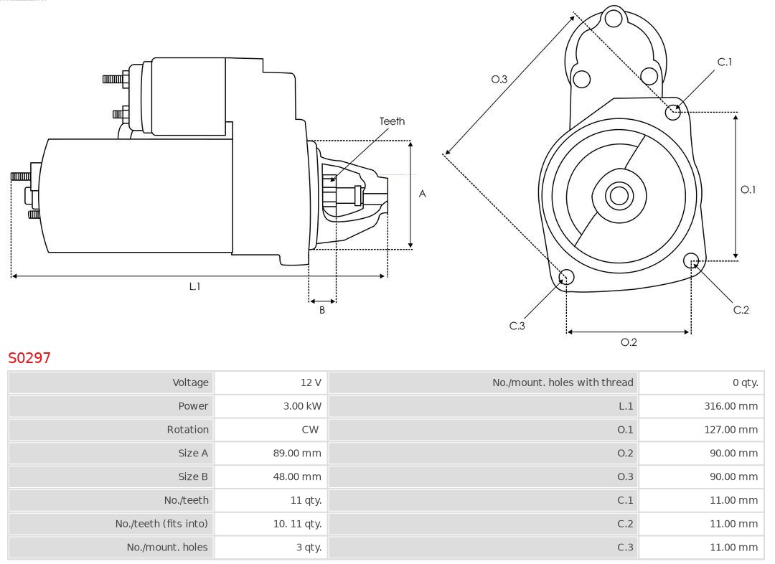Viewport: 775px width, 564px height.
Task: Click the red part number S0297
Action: coord(29,357)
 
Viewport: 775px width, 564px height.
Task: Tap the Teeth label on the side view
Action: coord(392,121)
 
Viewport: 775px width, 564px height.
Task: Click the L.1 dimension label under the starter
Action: coord(194,286)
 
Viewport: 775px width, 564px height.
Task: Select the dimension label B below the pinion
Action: coord(322,310)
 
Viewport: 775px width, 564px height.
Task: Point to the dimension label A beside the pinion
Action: coord(423,194)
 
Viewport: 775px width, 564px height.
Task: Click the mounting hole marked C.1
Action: coord(672,111)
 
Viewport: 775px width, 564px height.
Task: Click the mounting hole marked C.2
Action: coord(691,260)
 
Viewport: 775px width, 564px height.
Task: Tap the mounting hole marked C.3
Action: coord(566,278)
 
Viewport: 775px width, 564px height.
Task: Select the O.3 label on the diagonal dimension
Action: coord(499,79)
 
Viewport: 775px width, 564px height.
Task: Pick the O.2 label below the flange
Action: coord(629,342)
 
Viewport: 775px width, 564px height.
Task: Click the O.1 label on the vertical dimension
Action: coord(748,189)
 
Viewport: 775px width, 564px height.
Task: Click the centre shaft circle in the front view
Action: coord(618,195)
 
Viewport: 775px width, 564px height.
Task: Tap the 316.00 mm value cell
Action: coord(731,406)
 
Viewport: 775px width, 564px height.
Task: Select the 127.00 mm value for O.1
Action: coord(731,430)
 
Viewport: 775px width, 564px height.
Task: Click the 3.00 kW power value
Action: coord(302,406)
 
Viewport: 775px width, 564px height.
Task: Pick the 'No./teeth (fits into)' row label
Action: coord(161,524)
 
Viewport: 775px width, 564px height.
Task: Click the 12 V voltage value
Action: coord(311,382)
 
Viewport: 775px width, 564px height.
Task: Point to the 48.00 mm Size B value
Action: coord(299,476)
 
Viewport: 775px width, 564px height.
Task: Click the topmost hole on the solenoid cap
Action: coord(614,19)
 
